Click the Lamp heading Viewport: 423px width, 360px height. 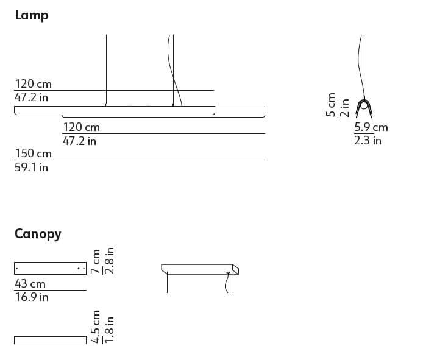coord(32,15)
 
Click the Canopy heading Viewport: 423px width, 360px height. coord(38,234)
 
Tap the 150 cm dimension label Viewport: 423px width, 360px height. coord(33,153)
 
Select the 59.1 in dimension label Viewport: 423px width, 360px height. coord(31,167)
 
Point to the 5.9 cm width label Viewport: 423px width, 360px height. coord(371,127)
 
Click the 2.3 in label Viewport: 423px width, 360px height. coord(368,141)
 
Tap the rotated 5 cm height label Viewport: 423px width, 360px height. coord(330,105)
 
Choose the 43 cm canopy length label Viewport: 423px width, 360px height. coord(30,284)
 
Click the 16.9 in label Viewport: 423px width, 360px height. coord(32,297)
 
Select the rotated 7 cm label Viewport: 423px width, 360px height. coord(96,261)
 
